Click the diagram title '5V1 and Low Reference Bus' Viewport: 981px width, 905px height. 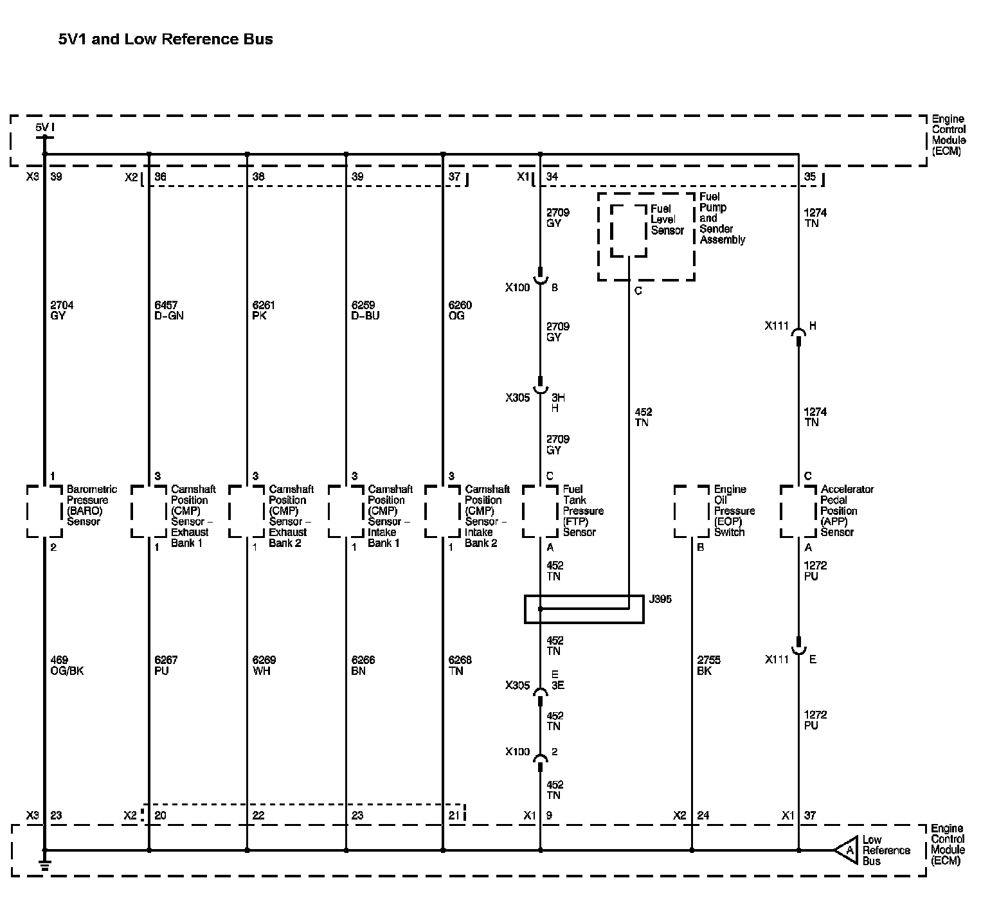coord(166,39)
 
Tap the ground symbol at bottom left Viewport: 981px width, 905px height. coord(45,865)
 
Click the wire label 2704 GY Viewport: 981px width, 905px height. coord(57,310)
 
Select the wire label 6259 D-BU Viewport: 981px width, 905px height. coord(365,310)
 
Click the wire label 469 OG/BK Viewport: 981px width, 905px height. coord(67,665)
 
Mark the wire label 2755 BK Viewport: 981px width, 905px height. coord(708,665)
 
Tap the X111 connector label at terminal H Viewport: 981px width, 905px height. coord(777,326)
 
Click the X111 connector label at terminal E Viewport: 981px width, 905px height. coord(777,659)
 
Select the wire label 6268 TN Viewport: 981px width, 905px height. coord(460,665)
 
